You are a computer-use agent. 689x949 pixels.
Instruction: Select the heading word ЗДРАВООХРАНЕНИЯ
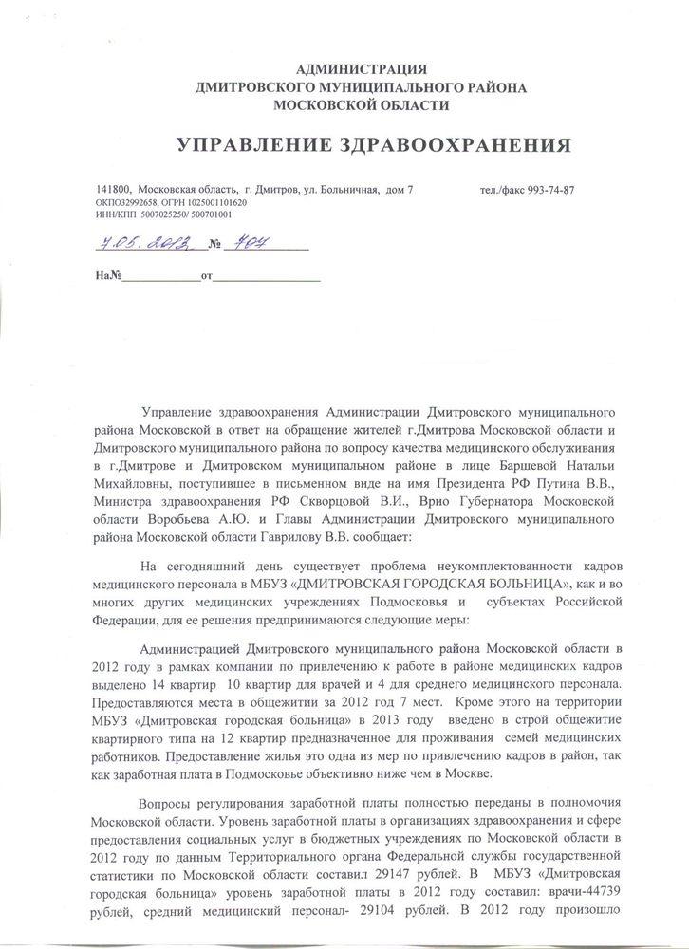point(448,145)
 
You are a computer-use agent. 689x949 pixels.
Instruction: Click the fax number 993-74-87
point(545,190)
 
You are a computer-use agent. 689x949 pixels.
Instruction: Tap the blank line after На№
point(162,278)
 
